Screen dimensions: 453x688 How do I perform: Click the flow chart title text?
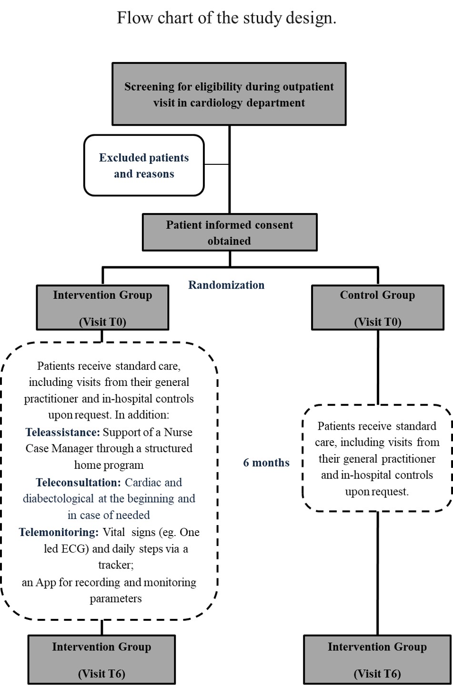click(x=227, y=18)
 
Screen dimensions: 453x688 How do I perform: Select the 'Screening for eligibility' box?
click(x=229, y=94)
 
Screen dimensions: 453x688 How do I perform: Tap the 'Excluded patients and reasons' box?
click(x=144, y=165)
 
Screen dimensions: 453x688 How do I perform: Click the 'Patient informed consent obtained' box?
click(x=230, y=233)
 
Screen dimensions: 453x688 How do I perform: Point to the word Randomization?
click(x=226, y=285)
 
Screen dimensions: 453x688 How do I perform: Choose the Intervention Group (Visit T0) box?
click(x=102, y=308)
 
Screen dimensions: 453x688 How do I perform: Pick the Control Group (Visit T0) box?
click(x=377, y=308)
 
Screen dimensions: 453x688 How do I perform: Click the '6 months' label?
click(x=266, y=463)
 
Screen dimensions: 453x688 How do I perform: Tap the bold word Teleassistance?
click(x=63, y=432)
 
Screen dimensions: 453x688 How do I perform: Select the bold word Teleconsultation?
click(x=79, y=482)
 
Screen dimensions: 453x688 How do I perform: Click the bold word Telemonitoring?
click(x=59, y=532)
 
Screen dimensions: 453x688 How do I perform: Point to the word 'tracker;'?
click(x=116, y=565)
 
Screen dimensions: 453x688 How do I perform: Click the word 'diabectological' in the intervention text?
click(x=59, y=498)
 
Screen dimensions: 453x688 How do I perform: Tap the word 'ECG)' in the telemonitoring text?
click(x=75, y=548)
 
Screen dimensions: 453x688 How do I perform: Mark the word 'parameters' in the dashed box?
click(x=116, y=598)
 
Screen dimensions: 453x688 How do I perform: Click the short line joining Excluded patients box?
click(x=217, y=164)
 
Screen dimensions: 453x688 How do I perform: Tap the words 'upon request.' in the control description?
click(x=377, y=492)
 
